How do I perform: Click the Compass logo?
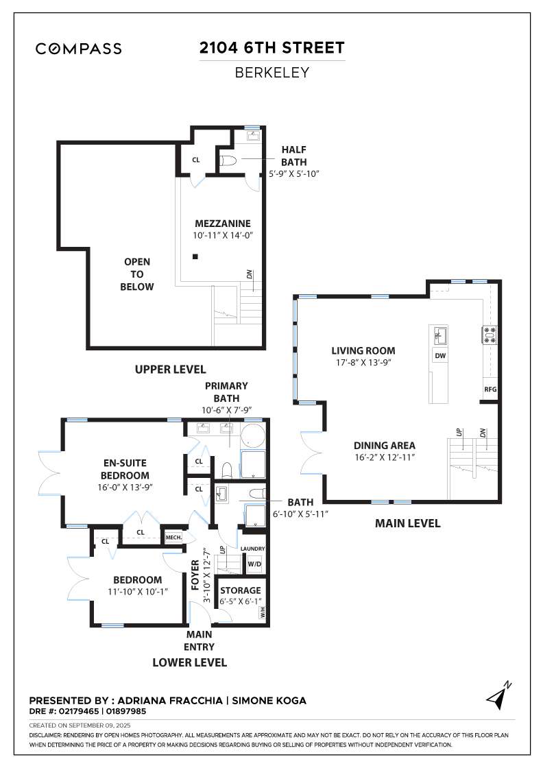[78, 49]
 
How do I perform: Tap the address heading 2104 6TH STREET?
[271, 47]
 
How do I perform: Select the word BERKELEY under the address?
[271, 73]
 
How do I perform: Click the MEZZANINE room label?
[223, 224]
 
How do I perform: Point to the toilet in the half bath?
[228, 160]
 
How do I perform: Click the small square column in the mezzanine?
[195, 256]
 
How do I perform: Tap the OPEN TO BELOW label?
[137, 274]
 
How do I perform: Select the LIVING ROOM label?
[363, 350]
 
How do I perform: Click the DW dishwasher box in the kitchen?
[440, 356]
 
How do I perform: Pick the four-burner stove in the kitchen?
[490, 335]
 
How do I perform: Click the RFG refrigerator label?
[490, 389]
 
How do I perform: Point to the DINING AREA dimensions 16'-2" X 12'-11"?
[385, 457]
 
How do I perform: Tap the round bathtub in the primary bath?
[253, 437]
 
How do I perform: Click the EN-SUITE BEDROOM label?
[125, 469]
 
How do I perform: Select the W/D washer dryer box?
[254, 564]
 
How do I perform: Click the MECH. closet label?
[173, 538]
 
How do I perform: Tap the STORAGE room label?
[241, 590]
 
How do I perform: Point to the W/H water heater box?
[262, 612]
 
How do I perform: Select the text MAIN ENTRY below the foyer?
[200, 640]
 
